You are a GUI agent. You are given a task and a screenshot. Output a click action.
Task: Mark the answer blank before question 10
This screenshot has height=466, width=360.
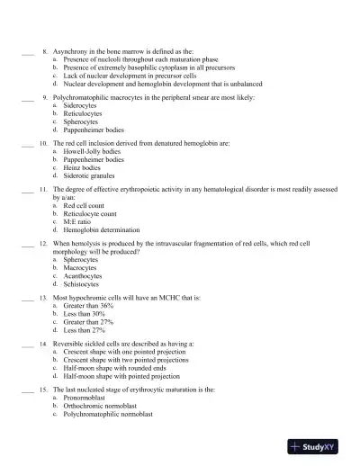point(27,144)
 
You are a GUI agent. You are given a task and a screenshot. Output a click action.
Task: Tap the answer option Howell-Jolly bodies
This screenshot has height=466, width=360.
point(93,151)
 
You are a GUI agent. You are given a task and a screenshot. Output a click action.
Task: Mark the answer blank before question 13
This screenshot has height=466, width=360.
point(27,297)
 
